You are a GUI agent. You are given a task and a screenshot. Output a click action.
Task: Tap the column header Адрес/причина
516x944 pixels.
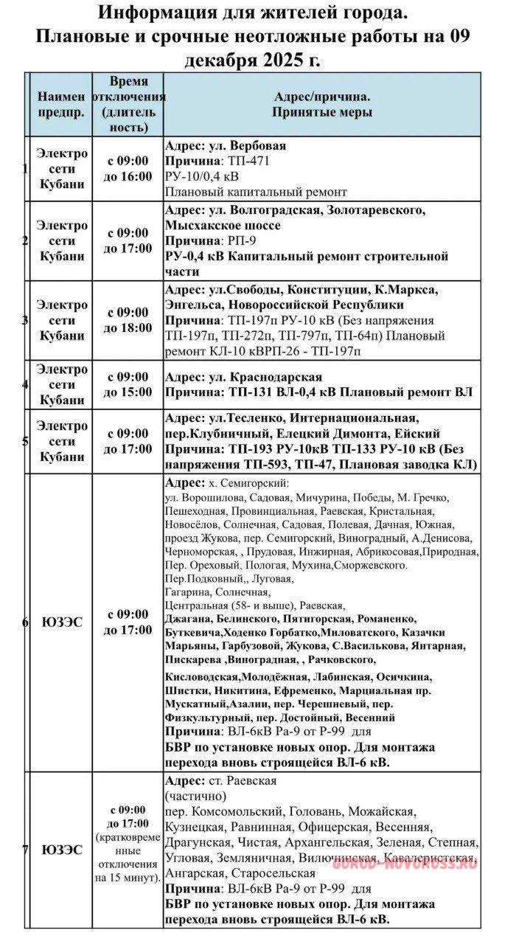[x=322, y=97]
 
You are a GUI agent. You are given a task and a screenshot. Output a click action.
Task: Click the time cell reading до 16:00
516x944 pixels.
[x=128, y=176]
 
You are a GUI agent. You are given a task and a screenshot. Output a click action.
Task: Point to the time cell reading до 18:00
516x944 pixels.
[x=128, y=327]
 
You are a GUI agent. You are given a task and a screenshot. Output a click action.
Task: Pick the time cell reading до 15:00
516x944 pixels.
[x=128, y=392]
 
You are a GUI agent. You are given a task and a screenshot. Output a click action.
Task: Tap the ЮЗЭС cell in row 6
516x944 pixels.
[x=62, y=622]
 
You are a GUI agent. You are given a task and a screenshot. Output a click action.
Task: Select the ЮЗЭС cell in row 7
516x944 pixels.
[x=62, y=850]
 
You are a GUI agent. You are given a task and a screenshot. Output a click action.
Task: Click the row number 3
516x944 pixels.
[x=26, y=320]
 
